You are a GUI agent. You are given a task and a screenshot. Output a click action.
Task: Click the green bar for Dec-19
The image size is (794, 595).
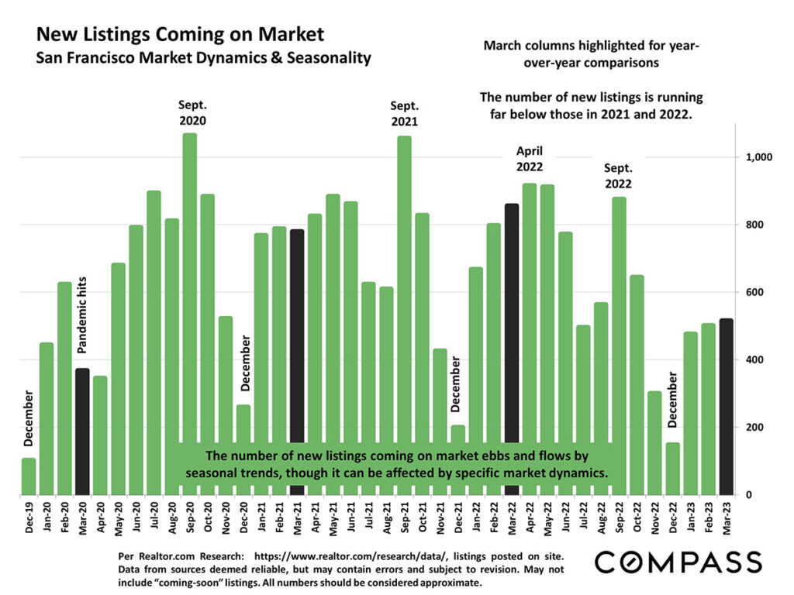(29, 476)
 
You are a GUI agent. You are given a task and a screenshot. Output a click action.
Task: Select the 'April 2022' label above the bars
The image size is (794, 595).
(530, 158)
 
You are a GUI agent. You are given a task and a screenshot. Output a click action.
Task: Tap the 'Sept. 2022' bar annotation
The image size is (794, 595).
(618, 177)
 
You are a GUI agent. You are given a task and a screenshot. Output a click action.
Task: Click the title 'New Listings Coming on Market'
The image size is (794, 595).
(180, 35)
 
